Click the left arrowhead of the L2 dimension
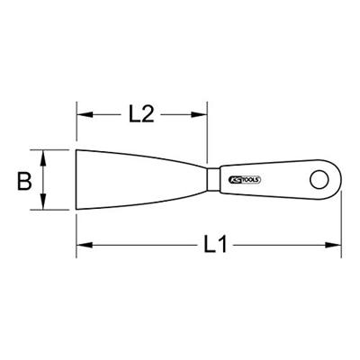click(82, 114)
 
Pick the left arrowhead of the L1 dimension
click(82, 244)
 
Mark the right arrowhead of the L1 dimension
click(337, 244)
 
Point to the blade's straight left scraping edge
click(77, 179)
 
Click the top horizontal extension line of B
click(54, 148)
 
